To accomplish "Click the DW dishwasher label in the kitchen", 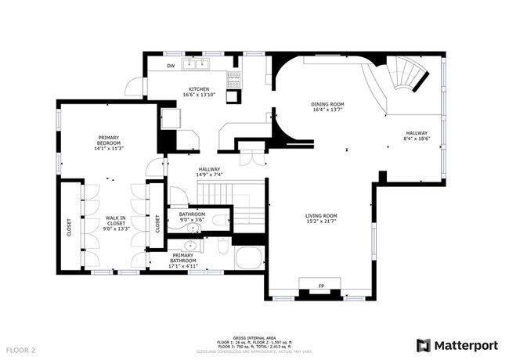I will [x=171, y=66].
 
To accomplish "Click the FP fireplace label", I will [x=321, y=286].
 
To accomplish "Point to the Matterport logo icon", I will [x=423, y=344].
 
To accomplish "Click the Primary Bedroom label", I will [x=109, y=139].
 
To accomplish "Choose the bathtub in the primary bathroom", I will [x=251, y=258].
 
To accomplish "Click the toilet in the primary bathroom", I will [x=222, y=249].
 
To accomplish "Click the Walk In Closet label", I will [x=116, y=222].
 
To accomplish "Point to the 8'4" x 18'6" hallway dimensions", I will [x=416, y=139].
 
